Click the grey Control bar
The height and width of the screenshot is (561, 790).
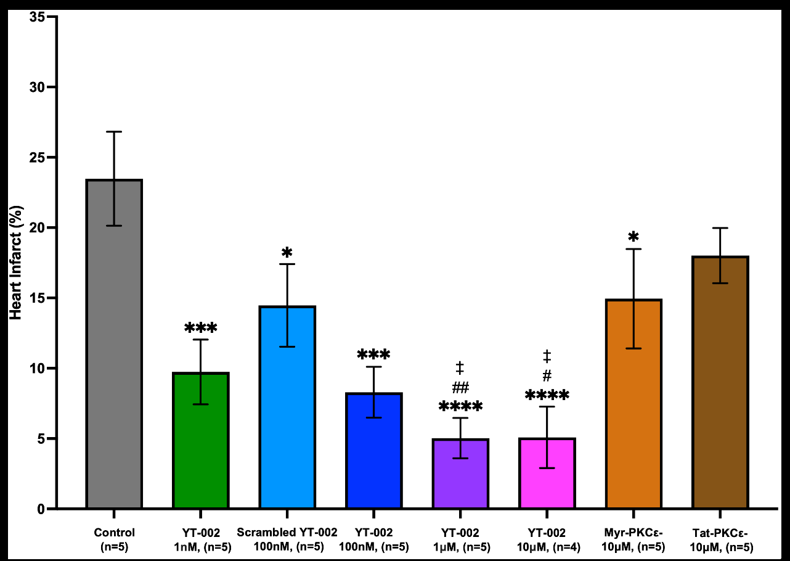pos(114,345)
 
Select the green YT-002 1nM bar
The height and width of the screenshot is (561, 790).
pos(201,441)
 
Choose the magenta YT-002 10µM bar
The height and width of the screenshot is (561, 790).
pos(547,474)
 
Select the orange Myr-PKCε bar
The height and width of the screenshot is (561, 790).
pos(633,404)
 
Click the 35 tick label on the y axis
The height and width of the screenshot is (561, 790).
pos(39,17)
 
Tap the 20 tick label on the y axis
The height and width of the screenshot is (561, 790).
pos(39,228)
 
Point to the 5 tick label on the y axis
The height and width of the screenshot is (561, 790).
pos(42,439)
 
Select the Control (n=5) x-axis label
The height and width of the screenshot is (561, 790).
pos(115,538)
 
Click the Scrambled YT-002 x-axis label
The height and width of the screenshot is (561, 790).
pos(287,538)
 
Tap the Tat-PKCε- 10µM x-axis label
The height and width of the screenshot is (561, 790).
pos(720,538)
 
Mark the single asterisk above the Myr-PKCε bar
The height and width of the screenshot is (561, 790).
pos(633,237)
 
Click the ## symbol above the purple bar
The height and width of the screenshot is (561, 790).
pos(460,388)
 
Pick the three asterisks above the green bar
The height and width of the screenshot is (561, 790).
pos(201,328)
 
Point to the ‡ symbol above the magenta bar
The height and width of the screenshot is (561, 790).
pos(547,356)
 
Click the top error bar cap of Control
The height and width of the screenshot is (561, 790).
pos(114,132)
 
